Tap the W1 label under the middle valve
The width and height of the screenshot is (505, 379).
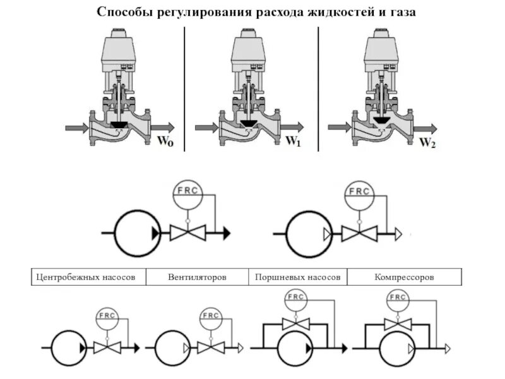294,142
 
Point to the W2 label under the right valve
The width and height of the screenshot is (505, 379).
428,143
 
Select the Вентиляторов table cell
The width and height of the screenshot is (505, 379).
197,277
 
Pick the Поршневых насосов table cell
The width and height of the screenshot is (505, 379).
298,277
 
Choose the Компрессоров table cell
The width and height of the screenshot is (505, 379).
404,277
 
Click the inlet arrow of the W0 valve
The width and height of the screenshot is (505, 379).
78,128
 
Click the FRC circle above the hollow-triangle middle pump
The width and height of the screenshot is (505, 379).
359,191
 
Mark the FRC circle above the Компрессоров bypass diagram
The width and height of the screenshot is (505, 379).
397,299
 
